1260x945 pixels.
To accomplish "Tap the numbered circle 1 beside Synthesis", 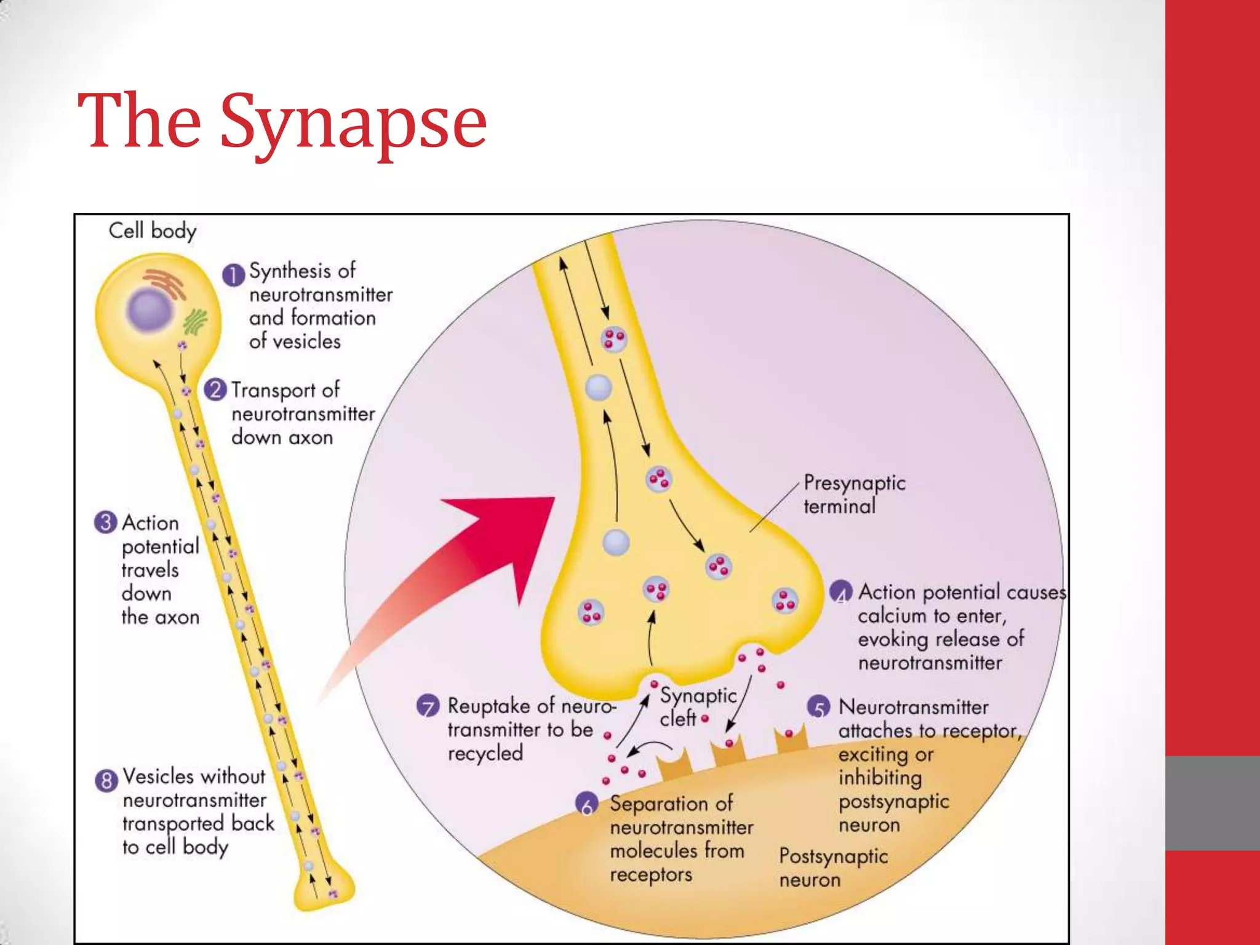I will (233, 275).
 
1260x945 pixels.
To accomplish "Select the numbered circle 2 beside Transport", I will (215, 390).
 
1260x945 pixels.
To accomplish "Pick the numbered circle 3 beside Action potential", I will (106, 522).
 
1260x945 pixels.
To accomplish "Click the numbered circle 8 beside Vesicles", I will (106, 781).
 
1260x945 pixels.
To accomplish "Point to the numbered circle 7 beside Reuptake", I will (428, 706).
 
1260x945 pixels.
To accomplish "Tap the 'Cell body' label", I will (152, 231).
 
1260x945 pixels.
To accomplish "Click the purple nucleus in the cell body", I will (149, 309).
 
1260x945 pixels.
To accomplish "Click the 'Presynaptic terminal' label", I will (854, 494).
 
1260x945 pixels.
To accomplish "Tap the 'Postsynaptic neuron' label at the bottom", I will (833, 867).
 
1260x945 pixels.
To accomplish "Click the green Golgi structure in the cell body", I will (196, 322).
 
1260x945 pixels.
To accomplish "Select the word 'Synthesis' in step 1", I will (301, 271).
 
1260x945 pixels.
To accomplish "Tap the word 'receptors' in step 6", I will (651, 875).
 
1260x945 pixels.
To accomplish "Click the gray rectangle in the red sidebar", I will (1212, 803).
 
